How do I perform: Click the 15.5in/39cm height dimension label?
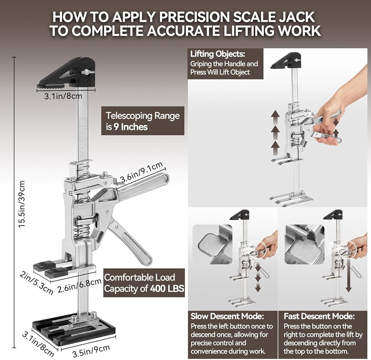coord(22,204)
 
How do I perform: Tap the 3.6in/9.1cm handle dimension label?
coord(141,172)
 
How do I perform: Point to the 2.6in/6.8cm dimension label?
coord(79,285)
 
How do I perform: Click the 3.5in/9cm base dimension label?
coord(91,351)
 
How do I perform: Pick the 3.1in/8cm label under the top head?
coord(63,96)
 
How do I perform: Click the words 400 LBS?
coord(167,288)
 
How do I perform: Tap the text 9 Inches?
coord(130,127)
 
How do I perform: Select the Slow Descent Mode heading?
coord(227,316)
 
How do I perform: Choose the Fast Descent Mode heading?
coord(319,316)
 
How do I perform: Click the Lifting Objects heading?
coord(218,54)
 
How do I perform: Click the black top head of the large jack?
coord(66,73)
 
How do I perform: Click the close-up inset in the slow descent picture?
coord(212,244)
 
